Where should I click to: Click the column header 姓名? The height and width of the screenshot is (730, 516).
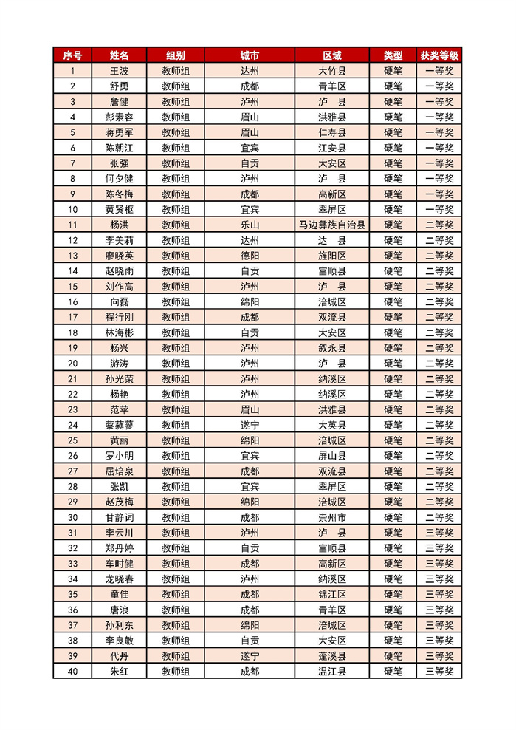click(119, 55)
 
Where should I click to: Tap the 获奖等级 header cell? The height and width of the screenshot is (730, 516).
click(439, 55)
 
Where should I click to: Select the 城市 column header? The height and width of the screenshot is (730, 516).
click(250, 55)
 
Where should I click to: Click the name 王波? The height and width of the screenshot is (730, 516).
click(119, 71)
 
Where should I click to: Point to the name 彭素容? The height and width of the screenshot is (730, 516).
click(119, 117)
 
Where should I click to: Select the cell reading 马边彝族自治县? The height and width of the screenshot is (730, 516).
click(332, 225)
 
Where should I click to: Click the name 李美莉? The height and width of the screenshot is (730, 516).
click(119, 240)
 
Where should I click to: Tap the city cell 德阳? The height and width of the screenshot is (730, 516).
click(250, 256)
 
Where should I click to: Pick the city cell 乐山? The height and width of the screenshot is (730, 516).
click(250, 225)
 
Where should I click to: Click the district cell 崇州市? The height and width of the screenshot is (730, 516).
click(332, 517)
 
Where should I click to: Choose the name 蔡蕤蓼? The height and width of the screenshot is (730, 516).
click(119, 425)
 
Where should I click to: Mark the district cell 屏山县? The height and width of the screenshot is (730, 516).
click(332, 456)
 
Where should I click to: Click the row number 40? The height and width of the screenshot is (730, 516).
click(72, 671)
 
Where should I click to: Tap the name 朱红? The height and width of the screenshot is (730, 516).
click(119, 671)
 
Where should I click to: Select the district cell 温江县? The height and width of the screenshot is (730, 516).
click(332, 671)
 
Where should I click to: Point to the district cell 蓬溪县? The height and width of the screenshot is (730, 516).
click(332, 655)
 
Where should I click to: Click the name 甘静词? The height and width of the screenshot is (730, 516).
click(119, 517)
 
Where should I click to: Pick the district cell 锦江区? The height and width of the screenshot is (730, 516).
click(332, 594)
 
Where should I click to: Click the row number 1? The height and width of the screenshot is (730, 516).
click(72, 71)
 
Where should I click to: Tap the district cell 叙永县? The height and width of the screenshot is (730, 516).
click(332, 348)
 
